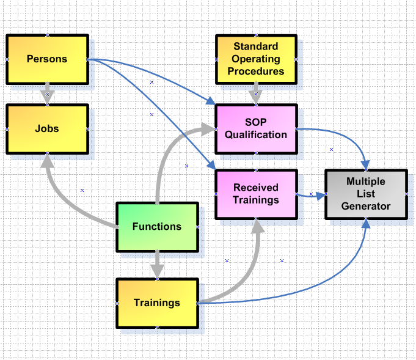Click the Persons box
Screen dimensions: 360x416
tap(47, 59)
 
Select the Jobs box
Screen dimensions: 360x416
tap(47, 128)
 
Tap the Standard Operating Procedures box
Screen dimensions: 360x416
tap(256, 59)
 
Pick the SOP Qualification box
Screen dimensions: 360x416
tap(256, 128)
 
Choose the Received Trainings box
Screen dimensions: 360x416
tap(256, 194)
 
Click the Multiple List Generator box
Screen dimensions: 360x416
tap(365, 194)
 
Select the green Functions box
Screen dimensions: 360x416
tap(157, 226)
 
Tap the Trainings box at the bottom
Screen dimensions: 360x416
tap(157, 303)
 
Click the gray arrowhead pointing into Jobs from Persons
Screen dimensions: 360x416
tap(47, 98)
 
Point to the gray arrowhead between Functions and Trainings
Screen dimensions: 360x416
tap(157, 271)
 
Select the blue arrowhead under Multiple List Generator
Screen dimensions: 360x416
tap(367, 224)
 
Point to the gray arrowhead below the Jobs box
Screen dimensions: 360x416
tap(45, 161)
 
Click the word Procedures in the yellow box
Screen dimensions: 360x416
tap(256, 71)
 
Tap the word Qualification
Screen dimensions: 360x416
tap(256, 134)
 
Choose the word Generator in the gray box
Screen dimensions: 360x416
tap(365, 206)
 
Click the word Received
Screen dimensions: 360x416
tap(256, 188)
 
